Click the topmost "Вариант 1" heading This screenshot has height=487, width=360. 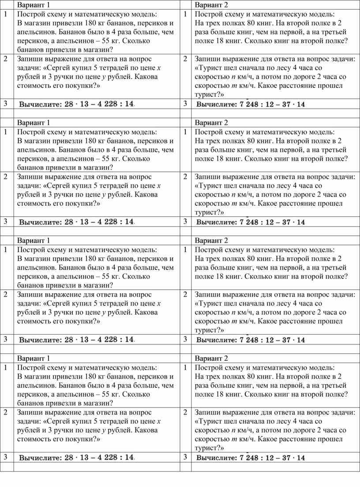point(34,5)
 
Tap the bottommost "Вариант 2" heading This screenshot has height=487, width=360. point(211,358)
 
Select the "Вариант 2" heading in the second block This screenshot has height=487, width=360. point(211,122)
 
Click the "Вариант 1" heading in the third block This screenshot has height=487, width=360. point(34,241)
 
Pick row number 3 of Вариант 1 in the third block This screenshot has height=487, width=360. point(5,339)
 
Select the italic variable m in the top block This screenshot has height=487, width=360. point(234,86)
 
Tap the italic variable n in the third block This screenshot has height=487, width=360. point(233,313)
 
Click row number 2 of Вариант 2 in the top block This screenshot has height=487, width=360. point(186,59)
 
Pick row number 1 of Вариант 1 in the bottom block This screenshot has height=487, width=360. point(5,367)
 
